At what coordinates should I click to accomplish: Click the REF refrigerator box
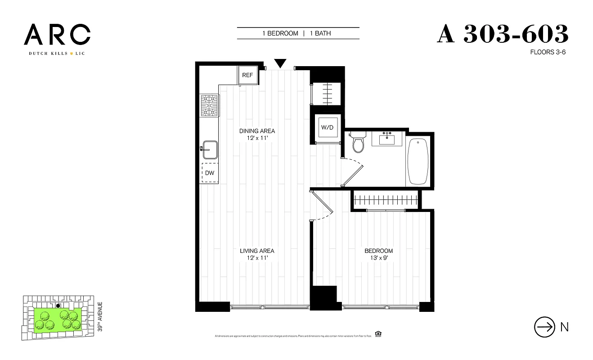pyautogui.click(x=248, y=75)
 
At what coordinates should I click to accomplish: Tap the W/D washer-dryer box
pyautogui.click(x=327, y=127)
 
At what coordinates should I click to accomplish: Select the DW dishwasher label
pyautogui.click(x=210, y=173)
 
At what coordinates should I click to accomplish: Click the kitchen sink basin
pyautogui.click(x=210, y=149)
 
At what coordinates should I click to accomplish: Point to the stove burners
pyautogui.click(x=209, y=106)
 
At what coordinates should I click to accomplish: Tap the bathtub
pyautogui.click(x=418, y=162)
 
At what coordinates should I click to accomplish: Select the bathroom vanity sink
pyautogui.click(x=386, y=139)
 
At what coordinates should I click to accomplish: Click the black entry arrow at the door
pyautogui.click(x=280, y=63)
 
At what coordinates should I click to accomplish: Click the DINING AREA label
pyautogui.click(x=257, y=131)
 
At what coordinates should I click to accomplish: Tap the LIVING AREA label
pyautogui.click(x=257, y=251)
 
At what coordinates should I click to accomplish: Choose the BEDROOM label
pyautogui.click(x=378, y=251)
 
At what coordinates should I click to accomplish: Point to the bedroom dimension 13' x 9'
pyautogui.click(x=378, y=258)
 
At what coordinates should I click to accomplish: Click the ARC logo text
pyautogui.click(x=57, y=35)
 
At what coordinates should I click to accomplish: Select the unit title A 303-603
pyautogui.click(x=503, y=34)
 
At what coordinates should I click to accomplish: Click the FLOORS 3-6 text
pyautogui.click(x=548, y=52)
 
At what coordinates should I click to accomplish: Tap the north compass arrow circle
pyautogui.click(x=544, y=327)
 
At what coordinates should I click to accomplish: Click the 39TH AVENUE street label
pyautogui.click(x=100, y=317)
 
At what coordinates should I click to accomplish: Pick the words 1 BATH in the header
pyautogui.click(x=320, y=33)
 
